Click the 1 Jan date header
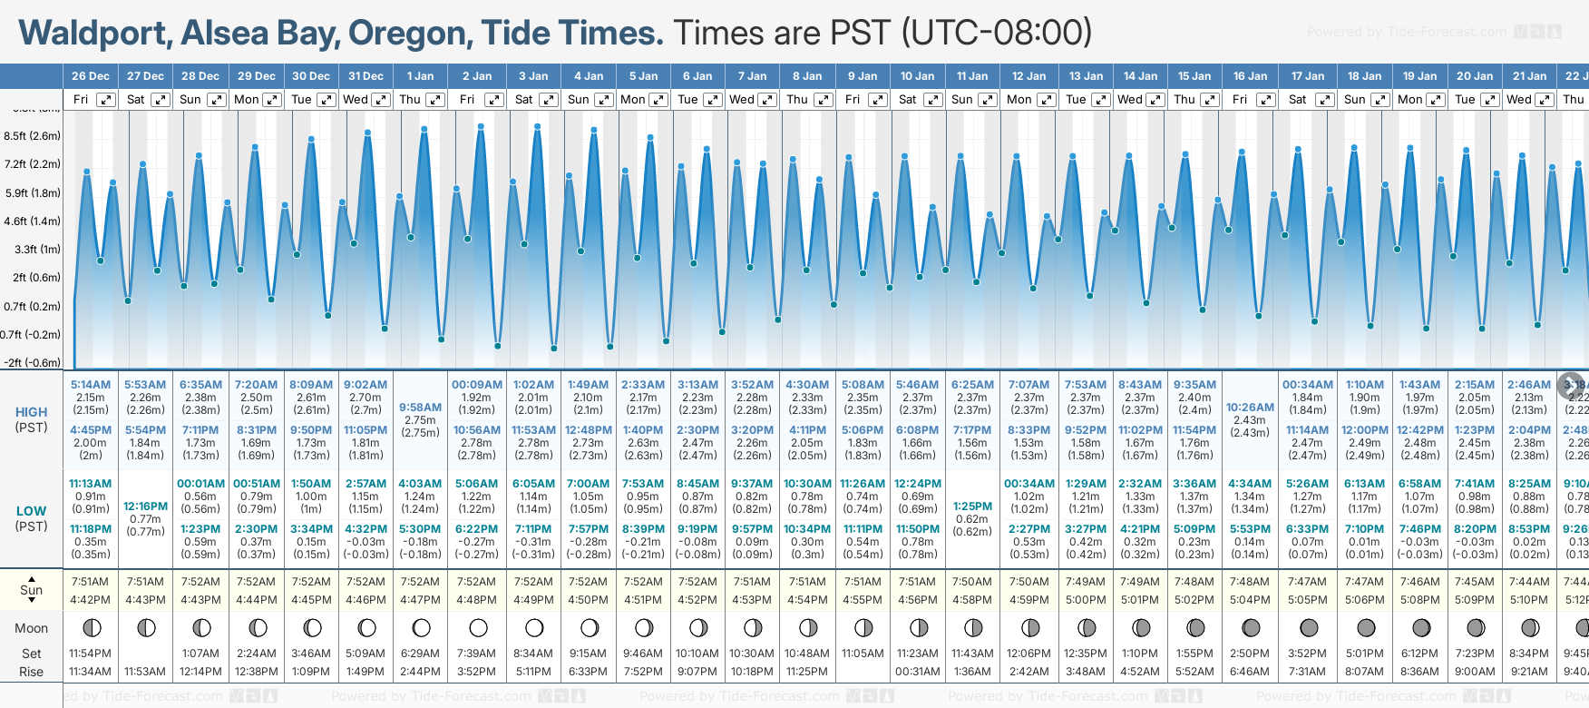click(x=420, y=76)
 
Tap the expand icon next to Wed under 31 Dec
click(x=381, y=100)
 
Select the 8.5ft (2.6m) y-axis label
click(x=33, y=136)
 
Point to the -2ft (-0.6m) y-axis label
click(x=33, y=362)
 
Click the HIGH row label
click(x=32, y=412)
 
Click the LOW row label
click(x=32, y=511)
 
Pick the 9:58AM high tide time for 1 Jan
click(x=420, y=408)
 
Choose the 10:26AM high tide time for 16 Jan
click(x=1250, y=408)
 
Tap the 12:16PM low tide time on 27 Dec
click(x=145, y=506)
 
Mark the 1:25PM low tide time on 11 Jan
click(x=972, y=506)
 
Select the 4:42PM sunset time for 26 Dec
click(x=90, y=600)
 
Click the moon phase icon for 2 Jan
click(x=478, y=628)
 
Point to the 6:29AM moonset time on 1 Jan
click(x=420, y=654)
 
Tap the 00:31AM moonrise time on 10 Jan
click(x=917, y=672)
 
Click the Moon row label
click(x=32, y=628)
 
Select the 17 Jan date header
click(x=1309, y=76)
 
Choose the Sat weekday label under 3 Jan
click(x=524, y=100)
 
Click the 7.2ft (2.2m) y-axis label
click(x=33, y=164)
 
